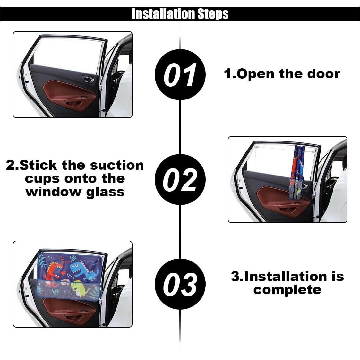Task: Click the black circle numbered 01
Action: coord(180,75)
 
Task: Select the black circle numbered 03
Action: coord(180,284)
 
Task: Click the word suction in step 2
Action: coord(117,166)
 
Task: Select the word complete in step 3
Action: coord(287,290)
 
